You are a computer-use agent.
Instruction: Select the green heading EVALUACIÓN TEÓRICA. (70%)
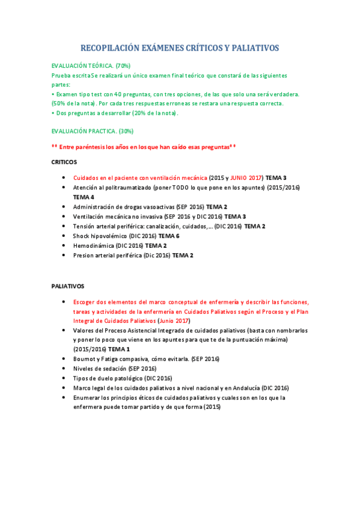(x=91, y=65)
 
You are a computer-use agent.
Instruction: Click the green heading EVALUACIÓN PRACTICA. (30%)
(x=93, y=131)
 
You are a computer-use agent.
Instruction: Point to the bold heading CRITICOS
(x=64, y=162)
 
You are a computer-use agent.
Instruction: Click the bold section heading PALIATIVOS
(x=67, y=286)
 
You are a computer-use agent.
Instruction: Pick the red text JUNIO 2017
(x=246, y=178)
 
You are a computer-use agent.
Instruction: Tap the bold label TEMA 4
(x=84, y=197)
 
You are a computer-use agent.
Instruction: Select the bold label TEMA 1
(x=119, y=349)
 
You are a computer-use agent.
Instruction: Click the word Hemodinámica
(x=93, y=245)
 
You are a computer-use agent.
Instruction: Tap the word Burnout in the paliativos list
(x=84, y=358)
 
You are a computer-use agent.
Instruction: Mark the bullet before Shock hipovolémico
(x=64, y=236)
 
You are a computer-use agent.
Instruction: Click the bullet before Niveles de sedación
(x=64, y=369)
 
